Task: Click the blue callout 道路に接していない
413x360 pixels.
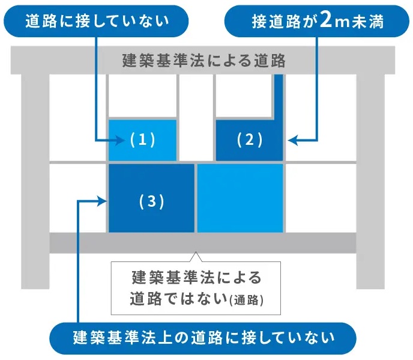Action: (96, 22)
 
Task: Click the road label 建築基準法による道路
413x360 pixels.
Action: (203, 61)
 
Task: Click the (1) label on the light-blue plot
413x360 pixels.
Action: (142, 140)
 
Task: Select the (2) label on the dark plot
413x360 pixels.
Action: (250, 140)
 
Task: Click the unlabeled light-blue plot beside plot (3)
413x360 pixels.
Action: (240, 198)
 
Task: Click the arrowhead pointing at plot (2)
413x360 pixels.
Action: (292, 141)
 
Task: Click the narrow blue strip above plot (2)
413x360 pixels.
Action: (279, 96)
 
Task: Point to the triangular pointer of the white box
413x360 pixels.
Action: (196, 257)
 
